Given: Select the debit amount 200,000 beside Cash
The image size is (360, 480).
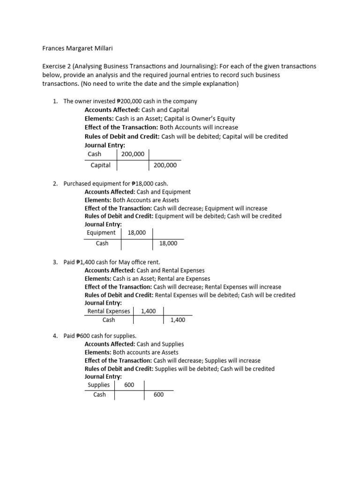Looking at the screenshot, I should pyautogui.click(x=133, y=154).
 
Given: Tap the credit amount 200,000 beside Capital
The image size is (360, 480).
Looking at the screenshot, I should pyautogui.click(x=165, y=165).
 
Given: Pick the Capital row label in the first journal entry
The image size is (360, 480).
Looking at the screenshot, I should pyautogui.click(x=100, y=165).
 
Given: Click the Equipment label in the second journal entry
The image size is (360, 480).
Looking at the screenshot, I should pyautogui.click(x=101, y=232).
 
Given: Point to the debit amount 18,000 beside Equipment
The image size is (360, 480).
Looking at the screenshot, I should pyautogui.click(x=136, y=232).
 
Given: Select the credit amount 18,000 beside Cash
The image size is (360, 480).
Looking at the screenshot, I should pyautogui.click(x=168, y=243).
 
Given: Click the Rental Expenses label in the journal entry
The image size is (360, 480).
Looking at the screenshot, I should pyautogui.click(x=109, y=310).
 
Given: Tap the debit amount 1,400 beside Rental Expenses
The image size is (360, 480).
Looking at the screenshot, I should pyautogui.click(x=148, y=310).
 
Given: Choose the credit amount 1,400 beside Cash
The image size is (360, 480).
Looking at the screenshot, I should pyautogui.click(x=178, y=320).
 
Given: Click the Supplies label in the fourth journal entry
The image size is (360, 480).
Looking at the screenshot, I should pyautogui.click(x=98, y=385).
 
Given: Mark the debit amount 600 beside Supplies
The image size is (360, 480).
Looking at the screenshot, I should pyautogui.click(x=129, y=385).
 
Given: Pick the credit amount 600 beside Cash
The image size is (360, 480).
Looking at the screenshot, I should pyautogui.click(x=159, y=395).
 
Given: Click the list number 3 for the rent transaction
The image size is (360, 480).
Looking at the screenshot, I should pyautogui.click(x=54, y=262).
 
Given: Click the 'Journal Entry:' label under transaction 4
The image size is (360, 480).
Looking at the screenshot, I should pyautogui.click(x=103, y=376).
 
